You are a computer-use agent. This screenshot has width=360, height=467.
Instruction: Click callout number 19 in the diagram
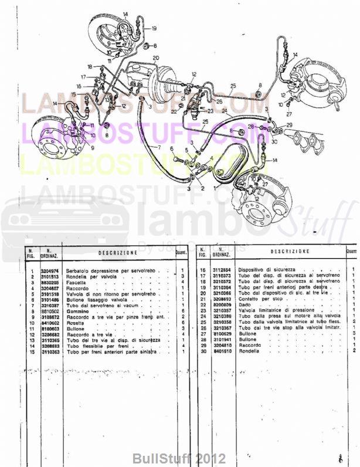154,28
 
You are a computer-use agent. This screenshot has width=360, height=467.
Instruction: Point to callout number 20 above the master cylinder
156,57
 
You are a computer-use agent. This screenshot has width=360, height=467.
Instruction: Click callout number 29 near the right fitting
288,125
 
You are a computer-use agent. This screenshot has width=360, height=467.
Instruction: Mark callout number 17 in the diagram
83,77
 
